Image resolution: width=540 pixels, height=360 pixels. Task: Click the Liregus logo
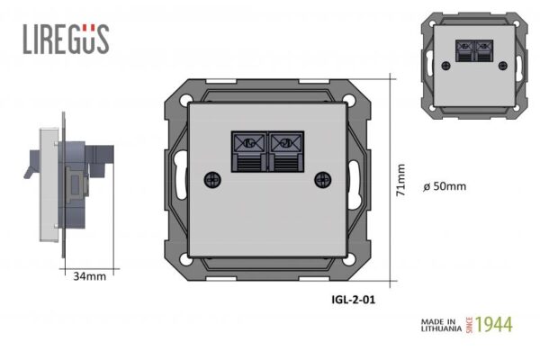[x=66, y=39]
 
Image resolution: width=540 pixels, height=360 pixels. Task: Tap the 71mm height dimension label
[x=400, y=180]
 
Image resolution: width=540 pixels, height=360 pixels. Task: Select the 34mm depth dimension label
[x=89, y=276]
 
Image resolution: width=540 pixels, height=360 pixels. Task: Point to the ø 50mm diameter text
[x=445, y=186]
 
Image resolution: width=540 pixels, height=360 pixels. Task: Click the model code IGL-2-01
[x=354, y=300]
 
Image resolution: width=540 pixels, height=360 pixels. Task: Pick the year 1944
[x=494, y=325]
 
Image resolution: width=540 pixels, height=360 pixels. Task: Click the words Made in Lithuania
[x=441, y=325]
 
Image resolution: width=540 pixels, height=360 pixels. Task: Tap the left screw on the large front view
[x=212, y=179]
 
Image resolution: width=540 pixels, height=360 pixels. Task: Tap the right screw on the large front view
[x=323, y=179]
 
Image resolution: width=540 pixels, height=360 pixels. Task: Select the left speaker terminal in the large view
[x=249, y=151]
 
